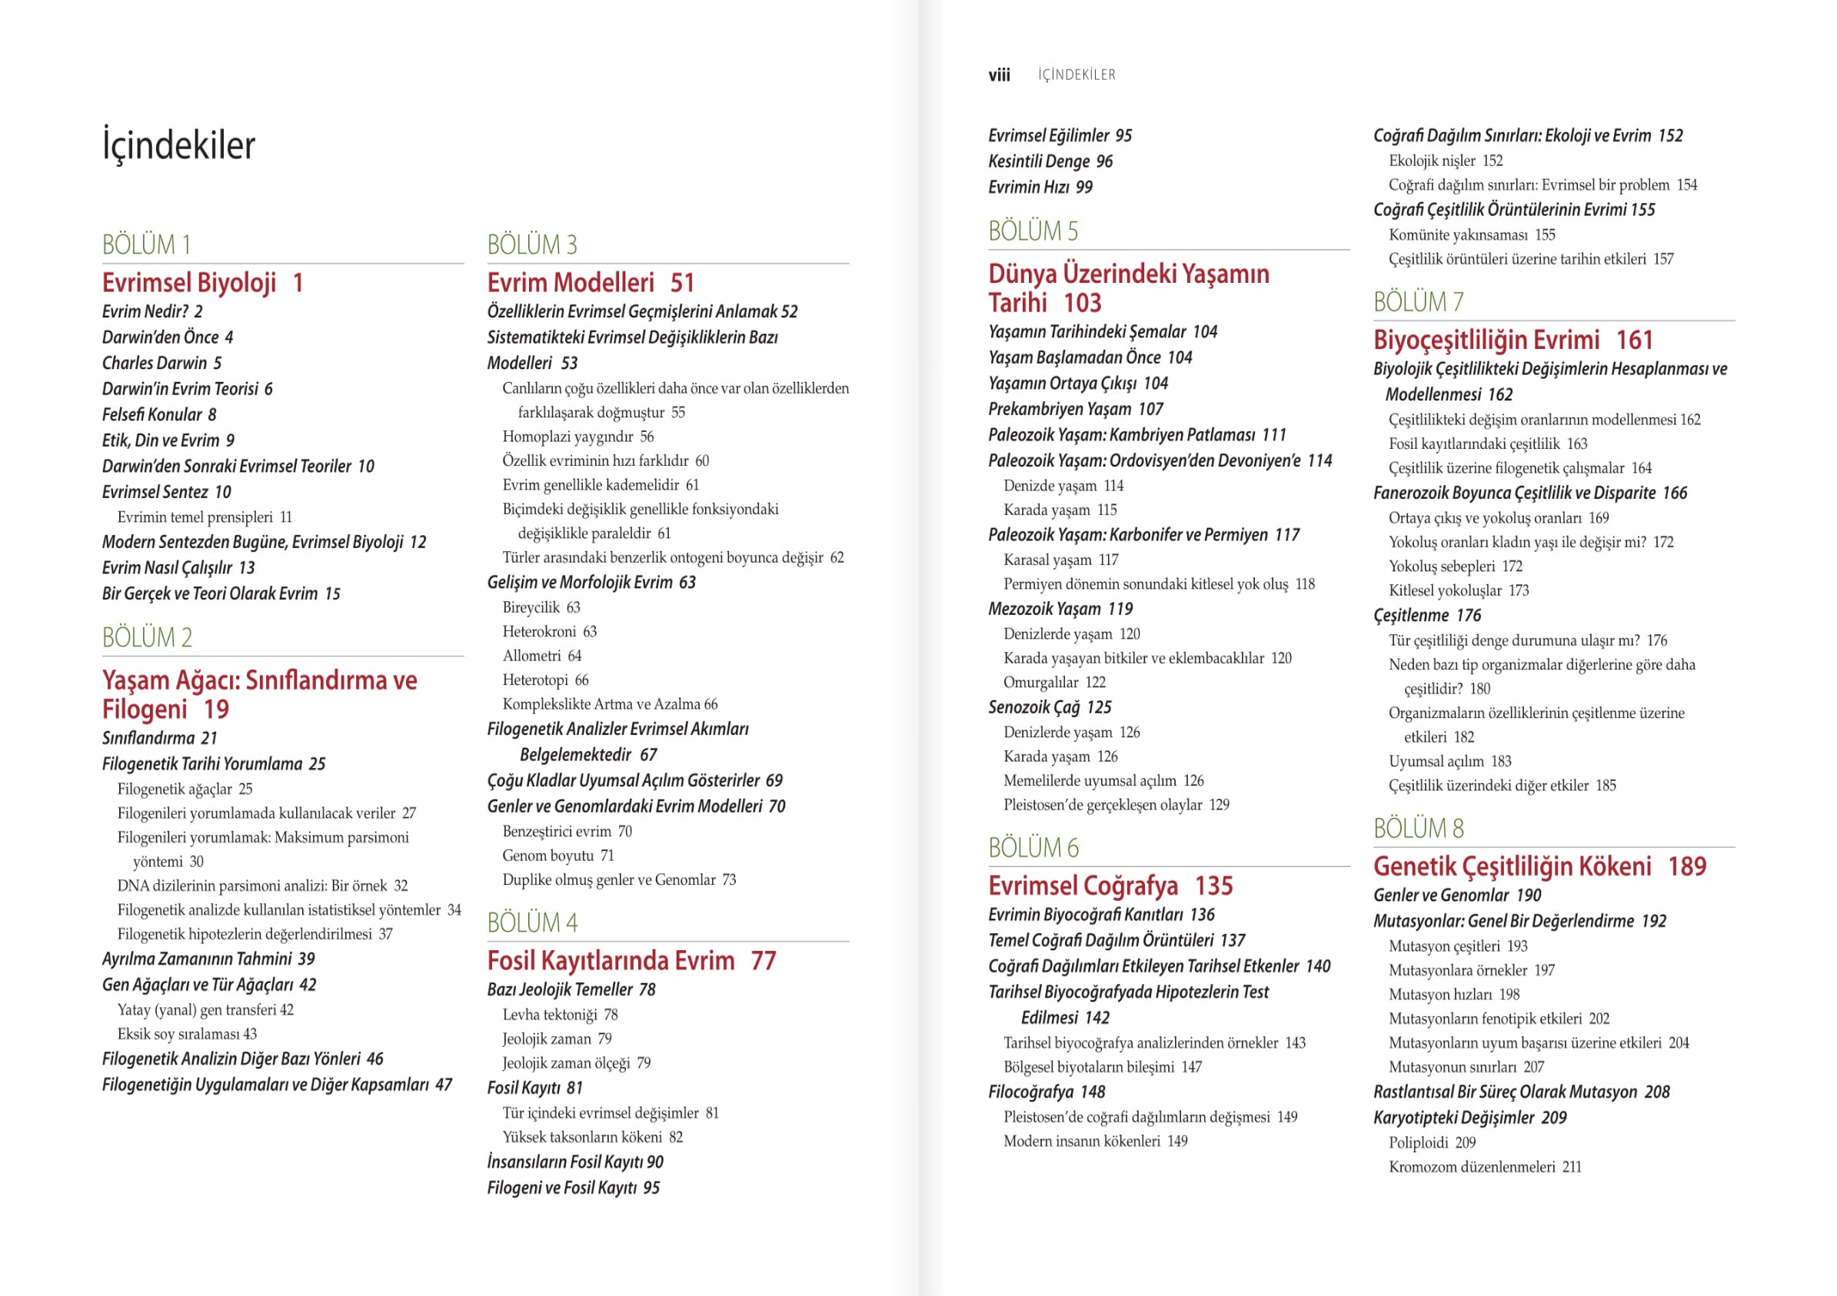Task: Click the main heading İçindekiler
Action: coord(178,145)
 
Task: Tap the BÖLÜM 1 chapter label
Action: coord(146,244)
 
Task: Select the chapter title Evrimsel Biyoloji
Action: coord(190,283)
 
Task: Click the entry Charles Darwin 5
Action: coord(161,363)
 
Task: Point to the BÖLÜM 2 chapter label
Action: coord(147,637)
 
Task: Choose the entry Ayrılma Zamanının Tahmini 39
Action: coord(208,959)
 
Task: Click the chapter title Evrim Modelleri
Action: coord(571,283)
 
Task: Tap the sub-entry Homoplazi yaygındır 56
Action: coord(577,437)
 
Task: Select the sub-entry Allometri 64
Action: coord(541,656)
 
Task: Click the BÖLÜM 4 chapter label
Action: coord(532,922)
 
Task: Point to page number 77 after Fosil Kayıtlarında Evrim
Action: coord(764,961)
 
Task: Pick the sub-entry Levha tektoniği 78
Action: coord(560,1015)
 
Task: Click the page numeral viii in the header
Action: coord(1000,75)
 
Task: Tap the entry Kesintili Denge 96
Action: coord(1050,161)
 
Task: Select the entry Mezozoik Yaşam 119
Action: coord(1060,610)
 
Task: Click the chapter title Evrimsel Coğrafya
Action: coord(1083,886)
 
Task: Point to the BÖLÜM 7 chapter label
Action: coord(1419,302)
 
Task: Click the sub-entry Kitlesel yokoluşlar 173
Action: coord(1459,591)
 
